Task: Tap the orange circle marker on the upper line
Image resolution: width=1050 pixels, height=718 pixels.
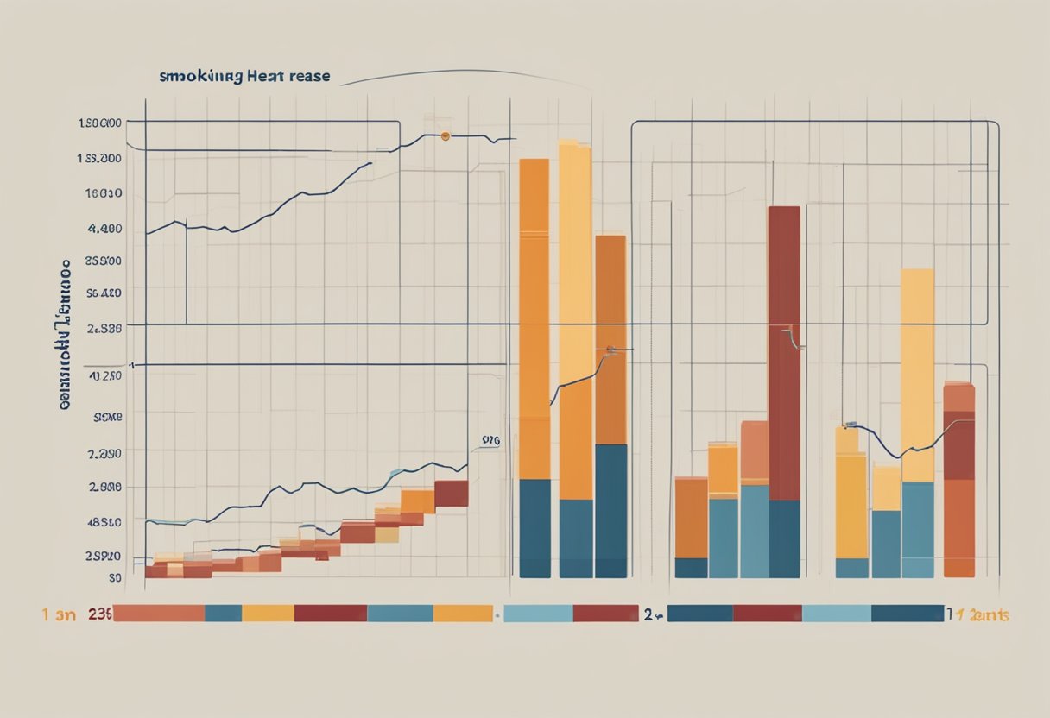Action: pos(446,136)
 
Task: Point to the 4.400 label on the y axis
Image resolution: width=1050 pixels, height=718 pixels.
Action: pos(105,230)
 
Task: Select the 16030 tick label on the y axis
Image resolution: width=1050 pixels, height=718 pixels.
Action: pos(104,194)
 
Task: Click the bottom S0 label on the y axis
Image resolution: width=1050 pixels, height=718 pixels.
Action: pos(114,577)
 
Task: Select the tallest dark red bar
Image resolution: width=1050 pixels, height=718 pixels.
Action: pos(784,354)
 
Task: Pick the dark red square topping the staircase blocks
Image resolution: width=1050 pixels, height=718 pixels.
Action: pos(451,494)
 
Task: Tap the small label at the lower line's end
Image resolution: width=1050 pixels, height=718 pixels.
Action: pos(490,440)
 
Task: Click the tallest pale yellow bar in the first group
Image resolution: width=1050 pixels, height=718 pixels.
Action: pos(575,319)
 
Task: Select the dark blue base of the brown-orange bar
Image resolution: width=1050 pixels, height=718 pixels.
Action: pos(611,511)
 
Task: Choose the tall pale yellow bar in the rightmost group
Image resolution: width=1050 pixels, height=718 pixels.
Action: pos(917,375)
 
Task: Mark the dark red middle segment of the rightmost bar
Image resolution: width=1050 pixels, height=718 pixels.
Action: pos(958,444)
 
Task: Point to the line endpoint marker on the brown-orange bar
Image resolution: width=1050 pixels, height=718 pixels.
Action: pos(610,350)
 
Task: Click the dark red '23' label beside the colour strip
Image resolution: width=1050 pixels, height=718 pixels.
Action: pos(99,614)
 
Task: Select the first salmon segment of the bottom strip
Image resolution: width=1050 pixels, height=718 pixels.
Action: pos(160,614)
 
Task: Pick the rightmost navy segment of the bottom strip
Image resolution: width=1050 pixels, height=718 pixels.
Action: pos(907,614)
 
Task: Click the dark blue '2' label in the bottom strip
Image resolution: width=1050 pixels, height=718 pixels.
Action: pos(648,614)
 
